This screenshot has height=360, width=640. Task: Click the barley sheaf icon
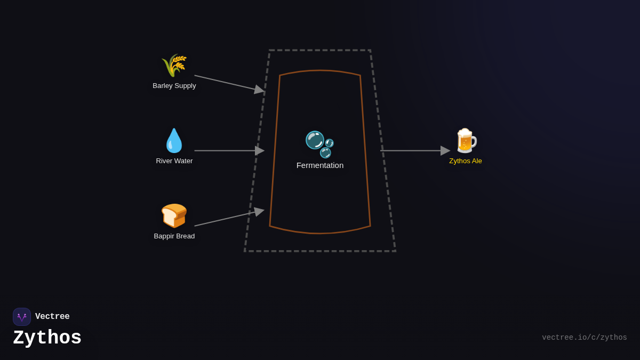pos(174,66)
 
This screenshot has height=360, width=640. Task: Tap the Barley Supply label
pos(174,86)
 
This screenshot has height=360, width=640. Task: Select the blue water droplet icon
pos(174,141)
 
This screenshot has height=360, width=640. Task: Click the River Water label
pos(174,161)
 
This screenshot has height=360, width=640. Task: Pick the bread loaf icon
pos(174,215)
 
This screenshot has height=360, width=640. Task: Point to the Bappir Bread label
pos(174,236)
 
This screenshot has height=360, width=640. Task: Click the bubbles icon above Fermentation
pos(319,144)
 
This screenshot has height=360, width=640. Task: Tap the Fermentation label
pos(320,165)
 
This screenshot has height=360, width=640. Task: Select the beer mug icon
pos(466,141)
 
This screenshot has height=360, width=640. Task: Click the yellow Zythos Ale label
pos(466,161)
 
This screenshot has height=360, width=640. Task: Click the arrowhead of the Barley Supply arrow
pos(260,90)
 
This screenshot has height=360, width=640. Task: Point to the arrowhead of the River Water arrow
pos(260,151)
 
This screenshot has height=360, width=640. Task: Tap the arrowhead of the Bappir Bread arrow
pos(259,212)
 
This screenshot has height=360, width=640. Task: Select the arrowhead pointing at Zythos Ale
pos(445,151)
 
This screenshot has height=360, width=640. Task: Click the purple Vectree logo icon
pos(22,317)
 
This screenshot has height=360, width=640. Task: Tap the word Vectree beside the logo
pos(52,317)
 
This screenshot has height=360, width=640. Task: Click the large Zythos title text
pos(47,338)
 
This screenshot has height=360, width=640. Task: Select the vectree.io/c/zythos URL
pos(585,338)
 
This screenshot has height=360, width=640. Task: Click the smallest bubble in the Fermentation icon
pos(330,143)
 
